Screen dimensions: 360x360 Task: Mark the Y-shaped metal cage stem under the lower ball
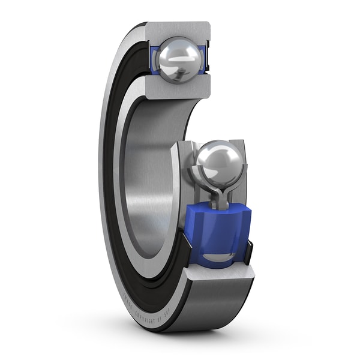pos(216,197)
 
